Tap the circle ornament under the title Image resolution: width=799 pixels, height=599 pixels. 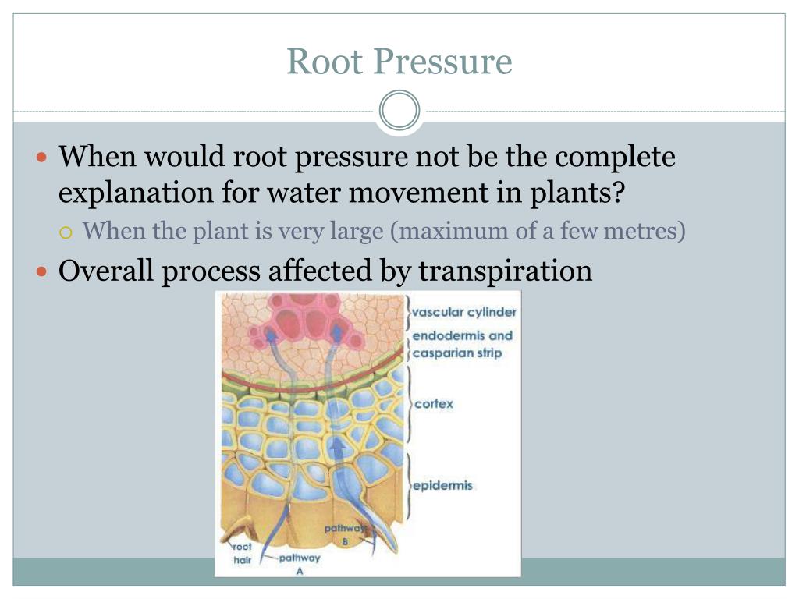pyautogui.click(x=399, y=111)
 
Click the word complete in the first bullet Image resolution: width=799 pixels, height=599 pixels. pyautogui.click(x=616, y=158)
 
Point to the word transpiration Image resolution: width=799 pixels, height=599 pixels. pyautogui.click(x=506, y=271)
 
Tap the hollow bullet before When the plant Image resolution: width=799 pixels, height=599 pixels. pyautogui.click(x=66, y=232)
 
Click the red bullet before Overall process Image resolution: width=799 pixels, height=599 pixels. pyautogui.click(x=43, y=272)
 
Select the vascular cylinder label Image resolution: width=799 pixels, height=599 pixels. pyautogui.click(x=464, y=312)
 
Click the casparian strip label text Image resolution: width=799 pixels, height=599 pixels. pyautogui.click(x=457, y=353)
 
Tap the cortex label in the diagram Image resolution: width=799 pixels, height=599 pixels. pyautogui.click(x=434, y=404)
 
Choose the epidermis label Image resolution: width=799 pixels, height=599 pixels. pyautogui.click(x=442, y=485)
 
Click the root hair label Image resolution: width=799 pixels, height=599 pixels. pyautogui.click(x=243, y=553)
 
